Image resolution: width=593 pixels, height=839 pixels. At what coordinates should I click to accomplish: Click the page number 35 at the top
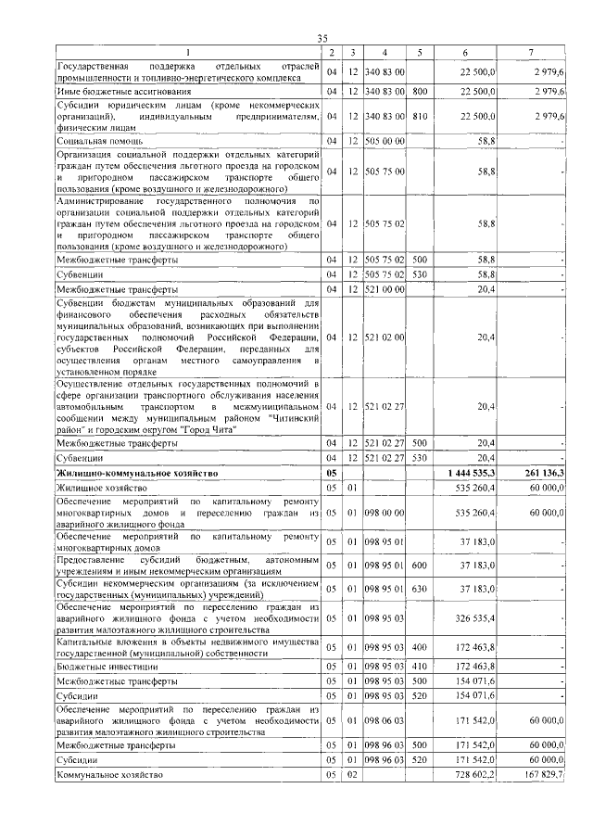(x=322, y=37)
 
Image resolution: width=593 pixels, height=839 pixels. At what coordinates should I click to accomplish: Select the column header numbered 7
(x=530, y=51)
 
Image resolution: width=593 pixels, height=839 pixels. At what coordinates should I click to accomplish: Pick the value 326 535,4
(x=473, y=616)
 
